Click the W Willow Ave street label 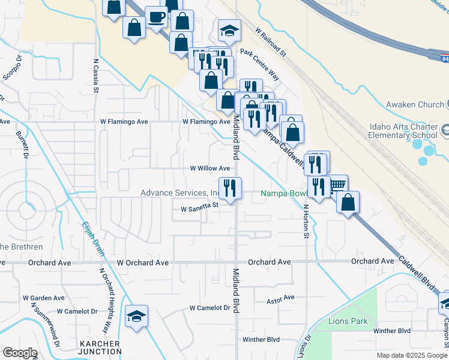pyautogui.click(x=210, y=169)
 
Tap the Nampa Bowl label pyautogui.click(x=283, y=194)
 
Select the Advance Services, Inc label pyautogui.click(x=179, y=193)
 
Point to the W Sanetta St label pyautogui.click(x=199, y=209)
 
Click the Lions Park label pyautogui.click(x=348, y=321)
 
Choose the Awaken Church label pyautogui.click(x=415, y=104)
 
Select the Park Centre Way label pyautogui.click(x=259, y=64)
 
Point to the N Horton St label pyautogui.click(x=306, y=221)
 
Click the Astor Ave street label pyautogui.click(x=281, y=298)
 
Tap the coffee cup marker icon pyautogui.click(x=157, y=17)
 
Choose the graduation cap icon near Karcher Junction pyautogui.click(x=136, y=316)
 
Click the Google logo pyautogui.click(x=20, y=352)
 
